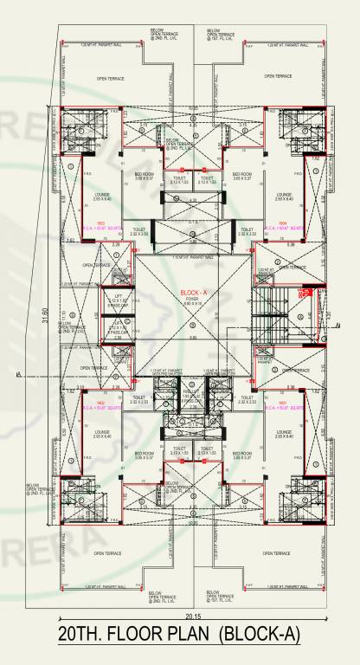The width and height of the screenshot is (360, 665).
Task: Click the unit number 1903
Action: pyautogui.click(x=100, y=223)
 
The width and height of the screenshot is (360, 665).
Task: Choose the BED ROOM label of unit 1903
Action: pyautogui.click(x=144, y=173)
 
